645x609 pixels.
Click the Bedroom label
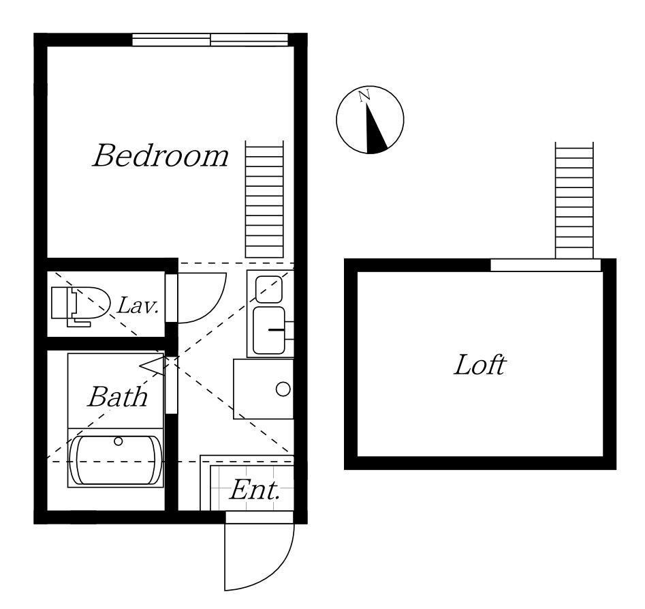tap(161, 155)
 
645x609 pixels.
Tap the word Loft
tap(479, 365)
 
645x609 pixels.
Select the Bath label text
tap(118, 396)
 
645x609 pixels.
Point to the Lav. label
tap(138, 306)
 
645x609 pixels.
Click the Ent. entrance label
tap(255, 490)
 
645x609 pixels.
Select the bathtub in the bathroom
tap(116, 460)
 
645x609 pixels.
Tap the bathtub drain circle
tap(119, 441)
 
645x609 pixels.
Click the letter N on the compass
tap(364, 96)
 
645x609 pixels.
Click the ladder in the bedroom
tap(264, 199)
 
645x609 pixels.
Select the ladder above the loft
tap(574, 200)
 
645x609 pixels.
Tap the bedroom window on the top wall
tap(210, 40)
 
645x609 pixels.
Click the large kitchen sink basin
tap(269, 330)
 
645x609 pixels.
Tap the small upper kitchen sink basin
tap(269, 289)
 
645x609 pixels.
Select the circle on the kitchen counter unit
tap(283, 389)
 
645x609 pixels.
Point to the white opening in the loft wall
tap(546, 265)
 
